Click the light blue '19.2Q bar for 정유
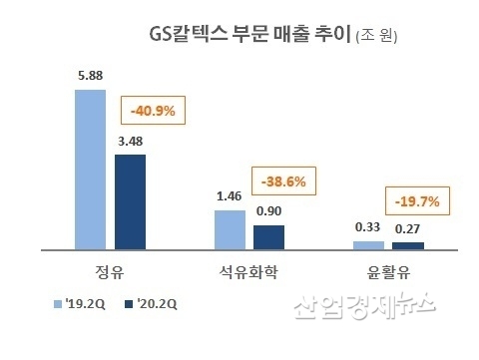[x=90, y=169]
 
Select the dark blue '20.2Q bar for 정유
[x=130, y=200]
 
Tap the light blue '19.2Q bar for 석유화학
[x=230, y=228]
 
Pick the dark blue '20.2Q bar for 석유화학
[x=268, y=236]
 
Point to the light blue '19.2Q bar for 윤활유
[x=368, y=244]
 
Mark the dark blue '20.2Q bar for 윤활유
[x=408, y=245]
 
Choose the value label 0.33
[x=368, y=229]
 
